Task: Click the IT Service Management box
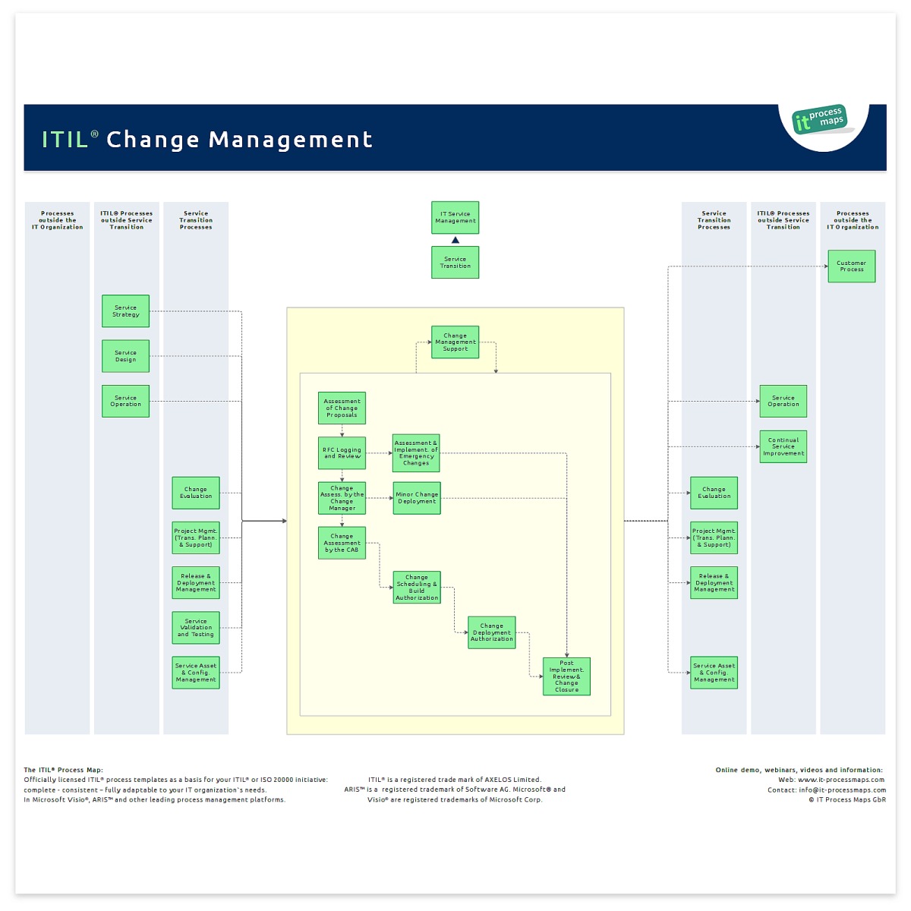coord(455,218)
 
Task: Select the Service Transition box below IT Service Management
coord(455,263)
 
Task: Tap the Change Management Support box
coord(455,342)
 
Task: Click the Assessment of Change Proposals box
coord(342,408)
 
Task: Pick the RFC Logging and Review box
coord(342,453)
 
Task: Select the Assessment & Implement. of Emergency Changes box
coord(416,453)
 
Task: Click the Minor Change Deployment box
coord(417,498)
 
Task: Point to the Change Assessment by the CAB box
coord(342,543)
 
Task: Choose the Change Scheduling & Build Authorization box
coord(417,588)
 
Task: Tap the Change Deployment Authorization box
coord(492,632)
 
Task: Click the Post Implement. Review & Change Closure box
coord(566,676)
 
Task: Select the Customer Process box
coord(851,266)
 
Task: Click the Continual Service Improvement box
coord(783,446)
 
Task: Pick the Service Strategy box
coord(126,311)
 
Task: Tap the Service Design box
coord(126,356)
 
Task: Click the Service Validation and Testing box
coord(196,628)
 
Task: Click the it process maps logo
coord(820,120)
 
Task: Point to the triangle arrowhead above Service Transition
coord(455,240)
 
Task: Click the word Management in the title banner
coord(291,140)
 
